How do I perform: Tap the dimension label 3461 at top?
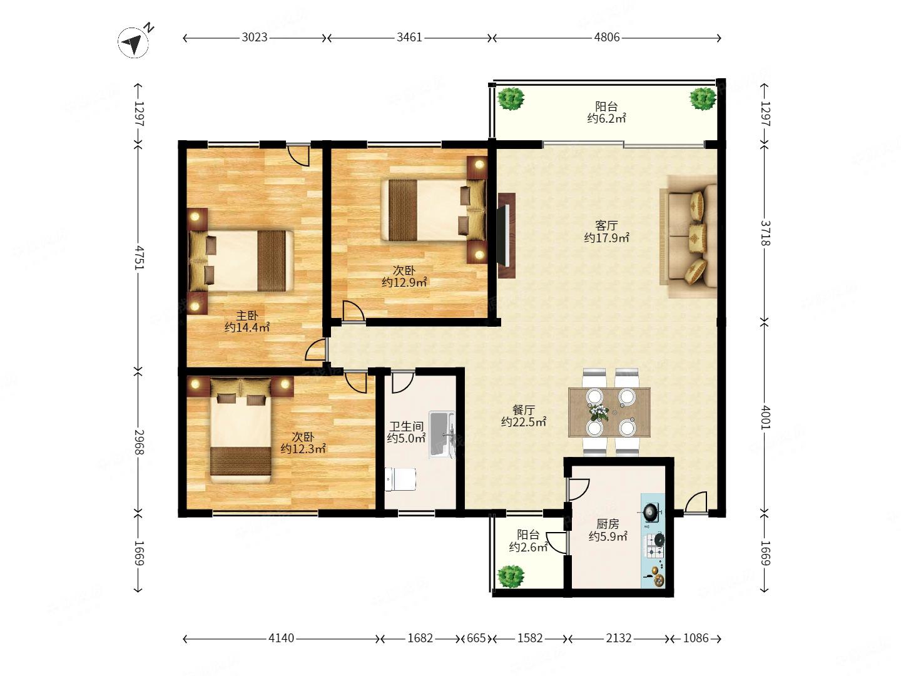409,38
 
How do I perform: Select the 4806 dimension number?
607,38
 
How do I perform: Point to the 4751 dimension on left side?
138,258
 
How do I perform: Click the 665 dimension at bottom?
476,638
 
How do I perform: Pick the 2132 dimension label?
619,638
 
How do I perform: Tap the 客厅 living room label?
606,225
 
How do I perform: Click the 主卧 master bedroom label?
247,315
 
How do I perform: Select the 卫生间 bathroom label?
406,426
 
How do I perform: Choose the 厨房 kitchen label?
608,524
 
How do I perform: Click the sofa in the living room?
688,237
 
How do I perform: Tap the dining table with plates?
609,412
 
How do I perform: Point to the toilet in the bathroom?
400,479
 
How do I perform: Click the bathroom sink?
442,434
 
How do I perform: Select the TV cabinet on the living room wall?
507,235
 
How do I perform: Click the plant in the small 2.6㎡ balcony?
510,576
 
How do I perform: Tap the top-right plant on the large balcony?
703,98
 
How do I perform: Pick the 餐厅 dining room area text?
523,410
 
